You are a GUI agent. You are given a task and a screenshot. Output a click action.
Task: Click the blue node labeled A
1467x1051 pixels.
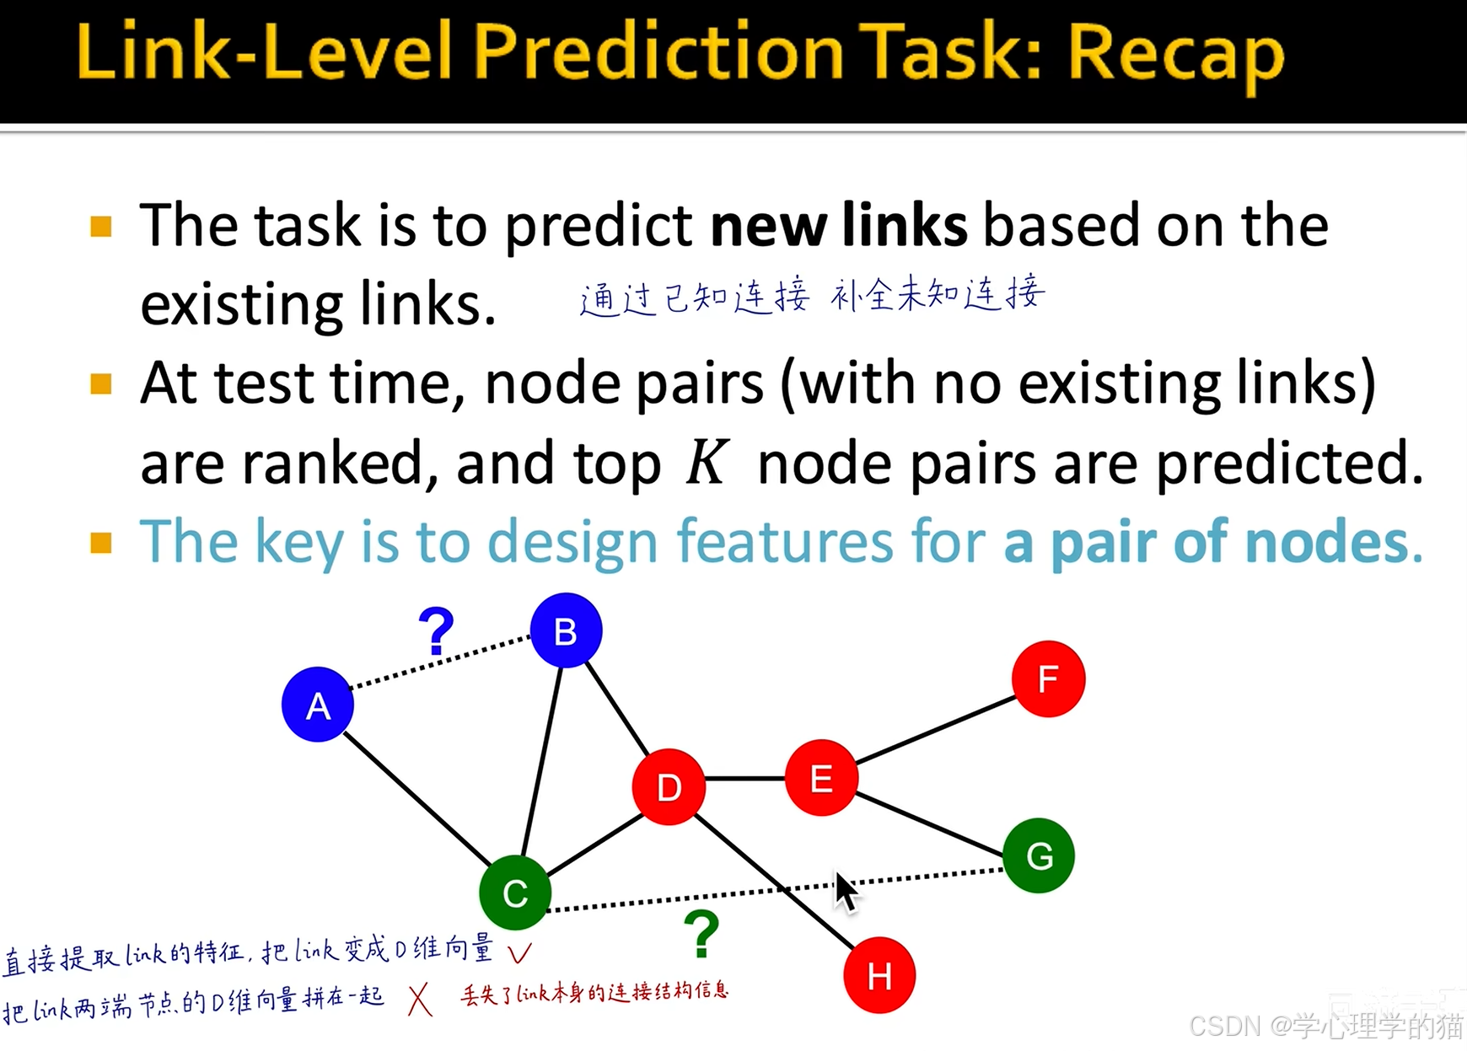click(x=318, y=705)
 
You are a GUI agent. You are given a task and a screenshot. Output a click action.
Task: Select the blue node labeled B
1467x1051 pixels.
click(x=566, y=630)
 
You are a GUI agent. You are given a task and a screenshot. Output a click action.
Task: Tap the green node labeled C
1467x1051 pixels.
click(x=515, y=893)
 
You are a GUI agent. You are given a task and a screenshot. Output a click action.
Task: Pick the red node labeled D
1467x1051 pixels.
click(x=669, y=786)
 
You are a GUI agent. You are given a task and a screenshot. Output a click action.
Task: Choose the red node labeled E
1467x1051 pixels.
click(x=821, y=778)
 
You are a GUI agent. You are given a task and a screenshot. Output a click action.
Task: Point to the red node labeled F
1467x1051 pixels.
click(x=1048, y=678)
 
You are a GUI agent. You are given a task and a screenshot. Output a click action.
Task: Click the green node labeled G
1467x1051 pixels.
click(x=1039, y=855)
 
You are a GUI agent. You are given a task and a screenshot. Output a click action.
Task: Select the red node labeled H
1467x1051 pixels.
click(x=879, y=975)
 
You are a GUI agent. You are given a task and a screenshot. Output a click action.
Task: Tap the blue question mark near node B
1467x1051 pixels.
click(x=436, y=631)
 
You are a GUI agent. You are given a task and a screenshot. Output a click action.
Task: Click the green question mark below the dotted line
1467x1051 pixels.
click(x=701, y=933)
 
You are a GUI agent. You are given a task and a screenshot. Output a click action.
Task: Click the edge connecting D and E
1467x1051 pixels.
click(x=745, y=779)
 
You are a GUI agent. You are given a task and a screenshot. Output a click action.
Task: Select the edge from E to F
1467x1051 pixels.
click(x=935, y=729)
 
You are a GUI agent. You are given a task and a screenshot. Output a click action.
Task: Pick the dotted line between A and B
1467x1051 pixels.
click(x=441, y=662)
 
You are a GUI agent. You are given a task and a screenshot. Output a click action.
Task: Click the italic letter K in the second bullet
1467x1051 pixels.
click(x=706, y=463)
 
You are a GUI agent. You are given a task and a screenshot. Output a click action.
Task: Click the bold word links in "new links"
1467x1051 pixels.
click(x=905, y=226)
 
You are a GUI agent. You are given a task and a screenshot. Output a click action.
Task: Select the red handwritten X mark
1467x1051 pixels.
click(x=419, y=1000)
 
